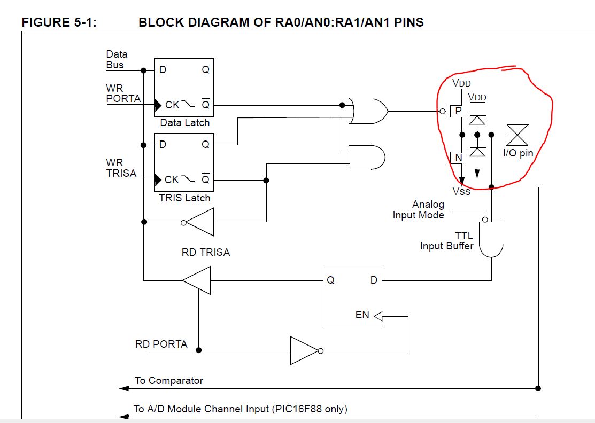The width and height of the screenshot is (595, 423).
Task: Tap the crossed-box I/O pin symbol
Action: click(517, 135)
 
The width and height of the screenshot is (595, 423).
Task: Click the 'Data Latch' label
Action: click(185, 123)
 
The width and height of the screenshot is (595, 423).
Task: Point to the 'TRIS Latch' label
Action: click(185, 198)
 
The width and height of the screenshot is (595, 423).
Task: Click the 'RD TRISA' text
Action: click(206, 252)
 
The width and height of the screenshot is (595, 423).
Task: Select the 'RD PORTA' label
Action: click(161, 344)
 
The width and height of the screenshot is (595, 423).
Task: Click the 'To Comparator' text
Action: click(169, 381)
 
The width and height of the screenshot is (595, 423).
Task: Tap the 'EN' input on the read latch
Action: click(362, 315)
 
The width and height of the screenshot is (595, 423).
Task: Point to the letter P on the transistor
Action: click(458, 111)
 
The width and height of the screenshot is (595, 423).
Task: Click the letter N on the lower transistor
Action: click(458, 158)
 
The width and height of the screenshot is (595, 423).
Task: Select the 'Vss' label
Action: click(462, 191)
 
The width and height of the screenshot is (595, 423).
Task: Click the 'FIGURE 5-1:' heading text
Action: click(59, 22)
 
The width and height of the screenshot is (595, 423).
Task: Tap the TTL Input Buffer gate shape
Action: click(491, 239)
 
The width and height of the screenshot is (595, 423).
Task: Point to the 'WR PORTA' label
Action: click(123, 93)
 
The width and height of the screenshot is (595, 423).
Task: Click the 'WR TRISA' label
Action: click(121, 168)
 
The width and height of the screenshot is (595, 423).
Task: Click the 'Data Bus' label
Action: click(116, 59)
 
